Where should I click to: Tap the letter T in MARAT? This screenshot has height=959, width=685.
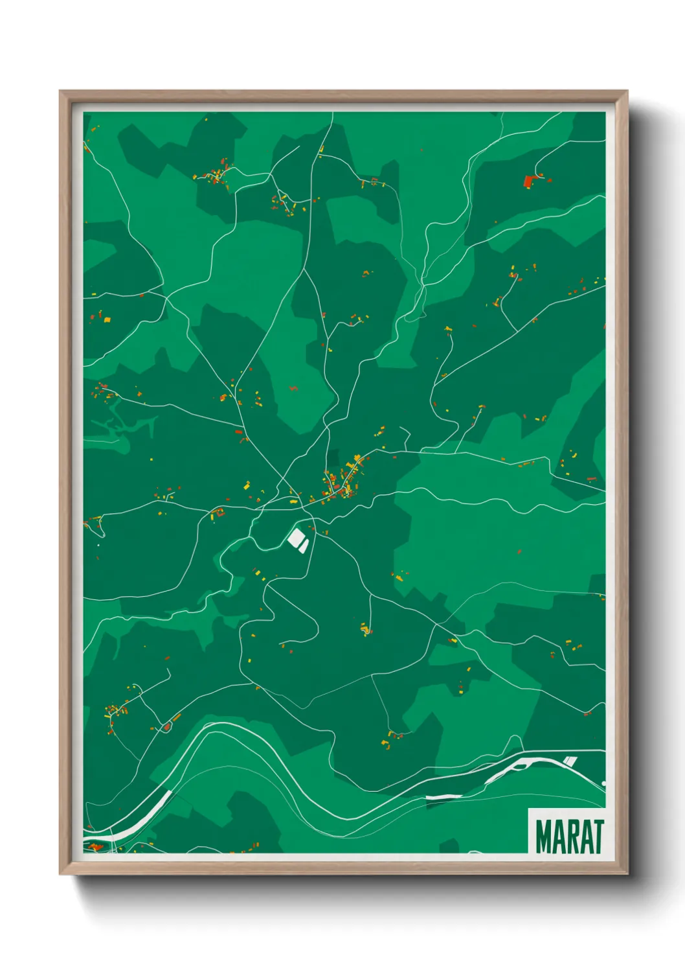click(597, 837)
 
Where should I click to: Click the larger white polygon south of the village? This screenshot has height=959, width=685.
click(296, 537)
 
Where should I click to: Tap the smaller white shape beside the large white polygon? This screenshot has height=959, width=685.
click(304, 547)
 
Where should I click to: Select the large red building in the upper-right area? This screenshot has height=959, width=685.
click(528, 181)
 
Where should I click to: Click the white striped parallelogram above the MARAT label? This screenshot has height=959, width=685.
click(569, 761)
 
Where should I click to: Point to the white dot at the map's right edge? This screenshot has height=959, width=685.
click(603, 783)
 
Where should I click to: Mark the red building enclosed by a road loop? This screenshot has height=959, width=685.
click(166, 726)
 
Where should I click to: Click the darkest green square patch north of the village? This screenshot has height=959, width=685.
click(332, 457)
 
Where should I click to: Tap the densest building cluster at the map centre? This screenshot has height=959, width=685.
click(343, 483)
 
